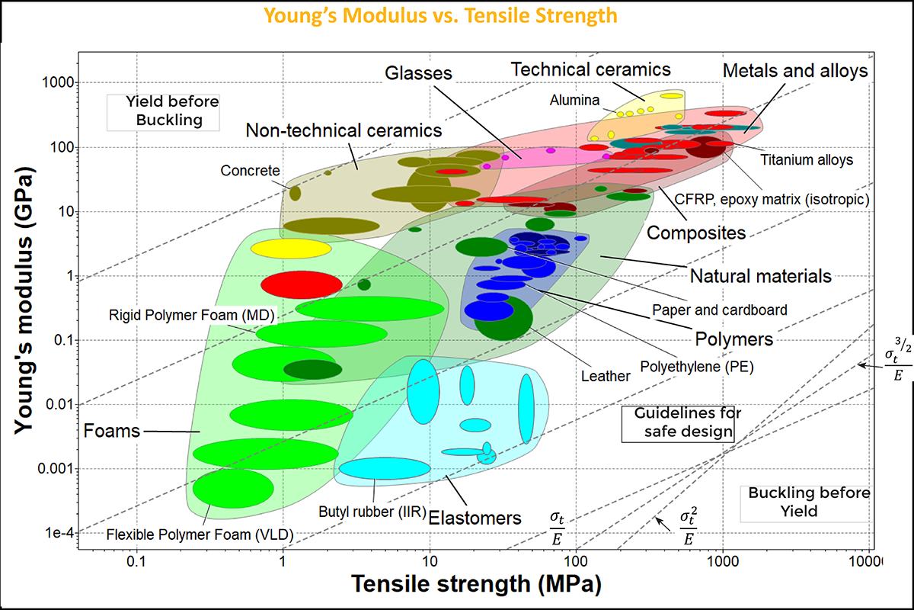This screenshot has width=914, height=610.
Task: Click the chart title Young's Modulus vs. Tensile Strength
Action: click(440, 14)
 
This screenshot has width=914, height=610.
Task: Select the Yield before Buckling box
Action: click(163, 111)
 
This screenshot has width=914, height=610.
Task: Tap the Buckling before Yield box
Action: click(797, 502)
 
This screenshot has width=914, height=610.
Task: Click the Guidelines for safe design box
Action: click(678, 423)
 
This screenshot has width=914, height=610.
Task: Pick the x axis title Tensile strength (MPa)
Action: click(476, 585)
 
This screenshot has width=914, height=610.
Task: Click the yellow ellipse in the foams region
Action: click(291, 249)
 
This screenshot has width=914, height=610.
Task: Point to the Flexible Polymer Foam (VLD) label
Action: click(200, 534)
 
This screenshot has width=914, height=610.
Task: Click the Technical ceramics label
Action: click(590, 69)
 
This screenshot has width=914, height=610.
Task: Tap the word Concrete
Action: click(250, 171)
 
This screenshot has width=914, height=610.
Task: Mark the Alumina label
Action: click(575, 100)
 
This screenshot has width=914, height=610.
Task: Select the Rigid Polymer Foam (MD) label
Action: click(192, 314)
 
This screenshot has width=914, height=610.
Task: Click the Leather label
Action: click(606, 375)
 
